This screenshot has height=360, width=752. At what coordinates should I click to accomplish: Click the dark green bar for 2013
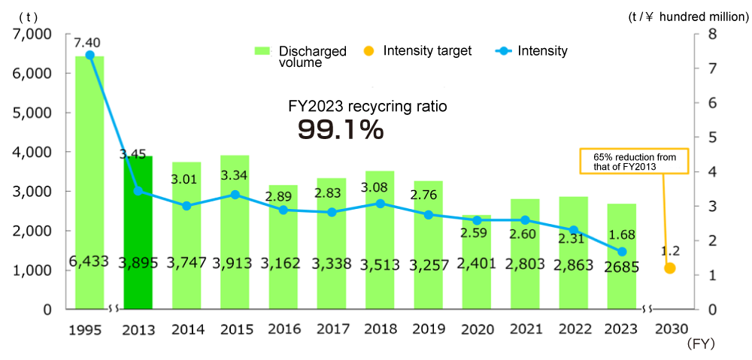pos(138,233)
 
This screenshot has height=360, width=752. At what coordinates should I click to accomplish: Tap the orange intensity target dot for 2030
pos(670,268)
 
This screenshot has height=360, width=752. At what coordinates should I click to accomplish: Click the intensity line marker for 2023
pos(622,252)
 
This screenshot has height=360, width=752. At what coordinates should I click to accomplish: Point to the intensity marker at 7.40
pos(90,55)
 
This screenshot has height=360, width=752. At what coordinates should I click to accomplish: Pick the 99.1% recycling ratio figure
pos(341,129)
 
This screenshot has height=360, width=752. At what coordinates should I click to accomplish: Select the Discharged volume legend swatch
pos(262,51)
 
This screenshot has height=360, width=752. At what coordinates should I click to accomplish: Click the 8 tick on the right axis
pos(711,35)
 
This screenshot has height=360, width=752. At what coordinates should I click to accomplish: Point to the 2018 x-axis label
pos(380,330)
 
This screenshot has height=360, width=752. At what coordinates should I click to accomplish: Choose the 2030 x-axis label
pos(670,330)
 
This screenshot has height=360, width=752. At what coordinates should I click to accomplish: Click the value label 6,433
pos(89,262)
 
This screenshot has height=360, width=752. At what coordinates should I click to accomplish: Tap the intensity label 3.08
pos(380,187)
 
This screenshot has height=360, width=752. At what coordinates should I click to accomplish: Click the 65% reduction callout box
pos(634,161)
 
